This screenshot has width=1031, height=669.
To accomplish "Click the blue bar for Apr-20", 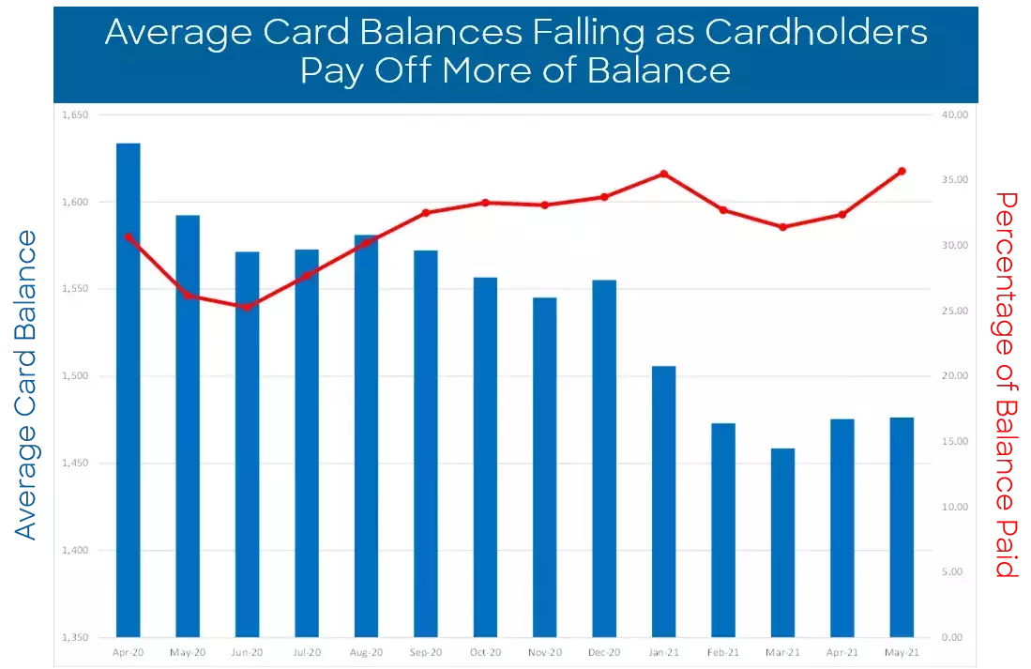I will [128, 389].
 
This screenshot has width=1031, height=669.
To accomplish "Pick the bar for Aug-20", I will [366, 435].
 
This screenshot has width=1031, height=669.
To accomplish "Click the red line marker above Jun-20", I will [247, 307].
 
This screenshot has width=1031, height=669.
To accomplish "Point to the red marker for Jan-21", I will [663, 174].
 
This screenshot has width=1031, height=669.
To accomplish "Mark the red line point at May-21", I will [902, 171].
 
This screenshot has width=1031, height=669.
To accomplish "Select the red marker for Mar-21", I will [782, 227].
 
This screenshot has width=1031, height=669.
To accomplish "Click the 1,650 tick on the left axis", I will [74, 115].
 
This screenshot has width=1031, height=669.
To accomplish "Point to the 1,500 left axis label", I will [74, 376].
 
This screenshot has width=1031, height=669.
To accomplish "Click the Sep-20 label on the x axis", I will [425, 652].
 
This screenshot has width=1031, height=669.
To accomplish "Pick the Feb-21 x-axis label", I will [722, 652].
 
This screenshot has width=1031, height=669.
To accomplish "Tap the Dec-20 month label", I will [603, 652].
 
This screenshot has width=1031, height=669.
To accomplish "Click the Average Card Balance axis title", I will [25, 385].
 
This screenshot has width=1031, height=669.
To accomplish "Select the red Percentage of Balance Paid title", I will [1007, 385].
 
